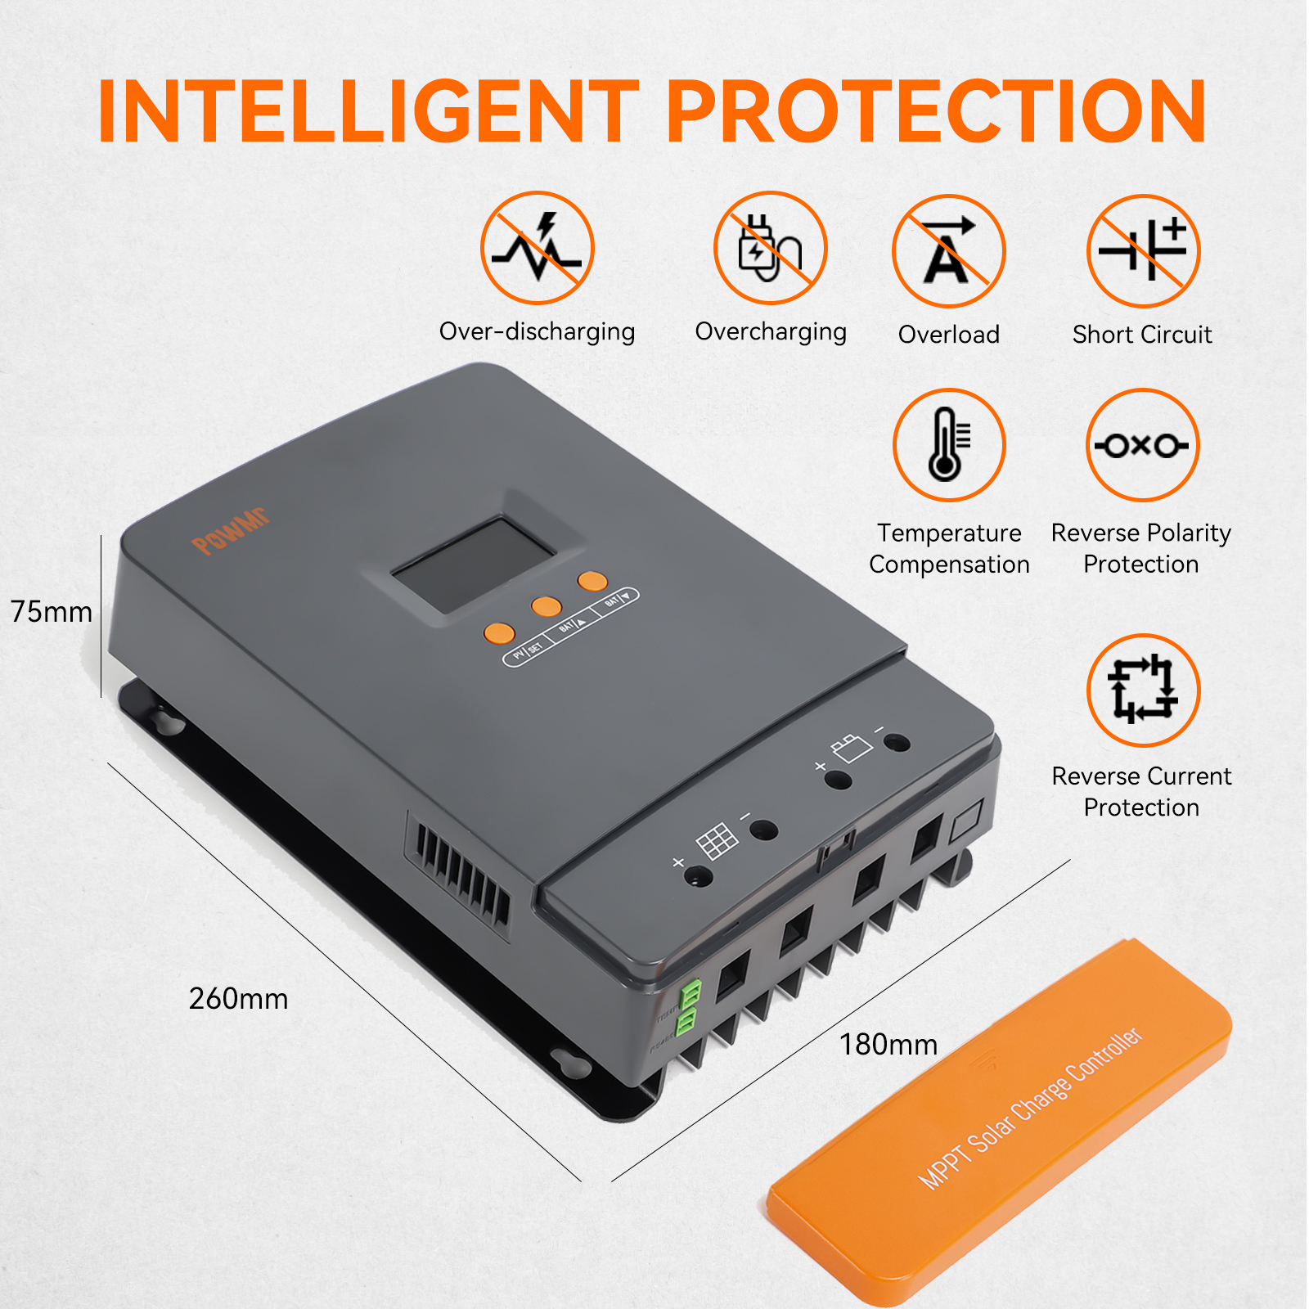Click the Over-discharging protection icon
pos(537,248)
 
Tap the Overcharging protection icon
pos(770,248)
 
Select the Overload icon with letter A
pos(948,251)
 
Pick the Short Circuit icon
pos(1143,251)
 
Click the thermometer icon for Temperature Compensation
pos(948,445)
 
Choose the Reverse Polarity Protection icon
pos(1142,445)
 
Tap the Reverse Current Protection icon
pos(1143,690)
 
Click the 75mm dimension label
pos(52,612)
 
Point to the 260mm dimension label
pos(238,999)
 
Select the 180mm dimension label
pos(888,1045)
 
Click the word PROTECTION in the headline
pos(936,112)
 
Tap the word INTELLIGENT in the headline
pos(368,112)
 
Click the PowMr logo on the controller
pos(230,532)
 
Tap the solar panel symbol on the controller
pos(717,841)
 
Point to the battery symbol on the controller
pos(851,747)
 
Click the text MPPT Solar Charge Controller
pos(1030,1109)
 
